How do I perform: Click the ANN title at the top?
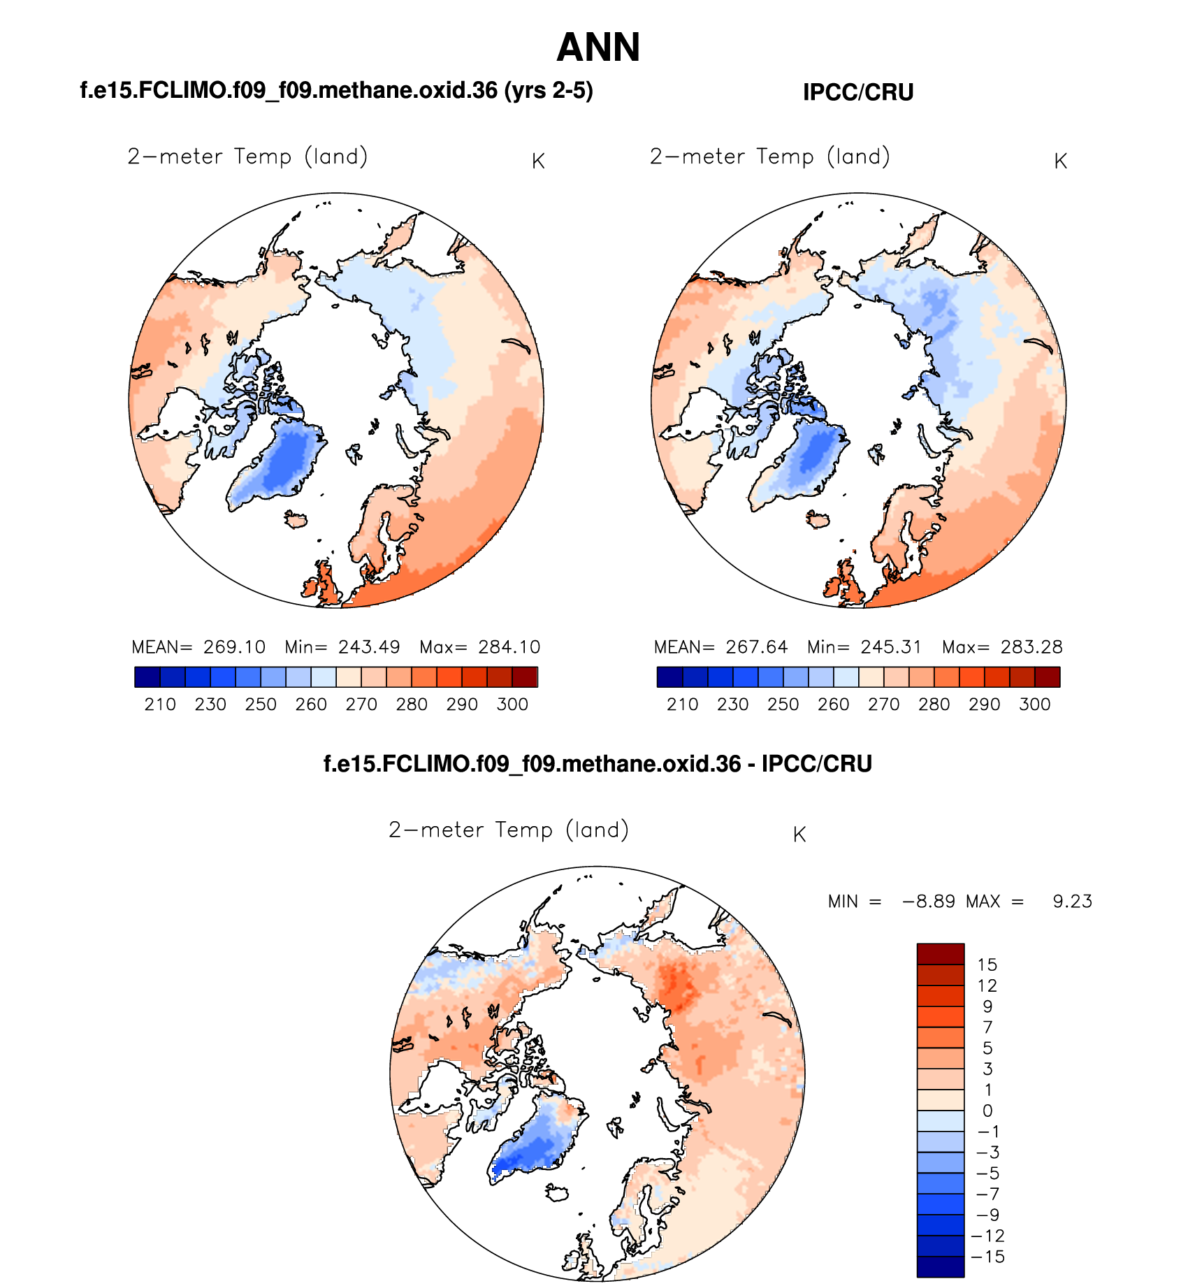(598, 48)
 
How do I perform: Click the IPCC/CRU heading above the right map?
(858, 92)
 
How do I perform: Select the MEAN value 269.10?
(234, 647)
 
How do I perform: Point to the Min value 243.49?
(369, 647)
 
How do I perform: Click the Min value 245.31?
(891, 647)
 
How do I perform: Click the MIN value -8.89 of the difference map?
(929, 902)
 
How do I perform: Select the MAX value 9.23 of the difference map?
(1072, 902)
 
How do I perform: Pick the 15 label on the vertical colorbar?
(987, 965)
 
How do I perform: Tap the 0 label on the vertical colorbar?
(987, 1111)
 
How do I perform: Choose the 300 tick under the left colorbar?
(512, 705)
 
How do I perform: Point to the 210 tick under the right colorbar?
(682, 705)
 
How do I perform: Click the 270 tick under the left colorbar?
(361, 705)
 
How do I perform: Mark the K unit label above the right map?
(1060, 161)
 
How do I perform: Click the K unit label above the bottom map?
(799, 835)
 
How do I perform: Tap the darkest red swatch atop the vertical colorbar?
(941, 954)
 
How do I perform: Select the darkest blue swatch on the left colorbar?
(147, 677)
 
